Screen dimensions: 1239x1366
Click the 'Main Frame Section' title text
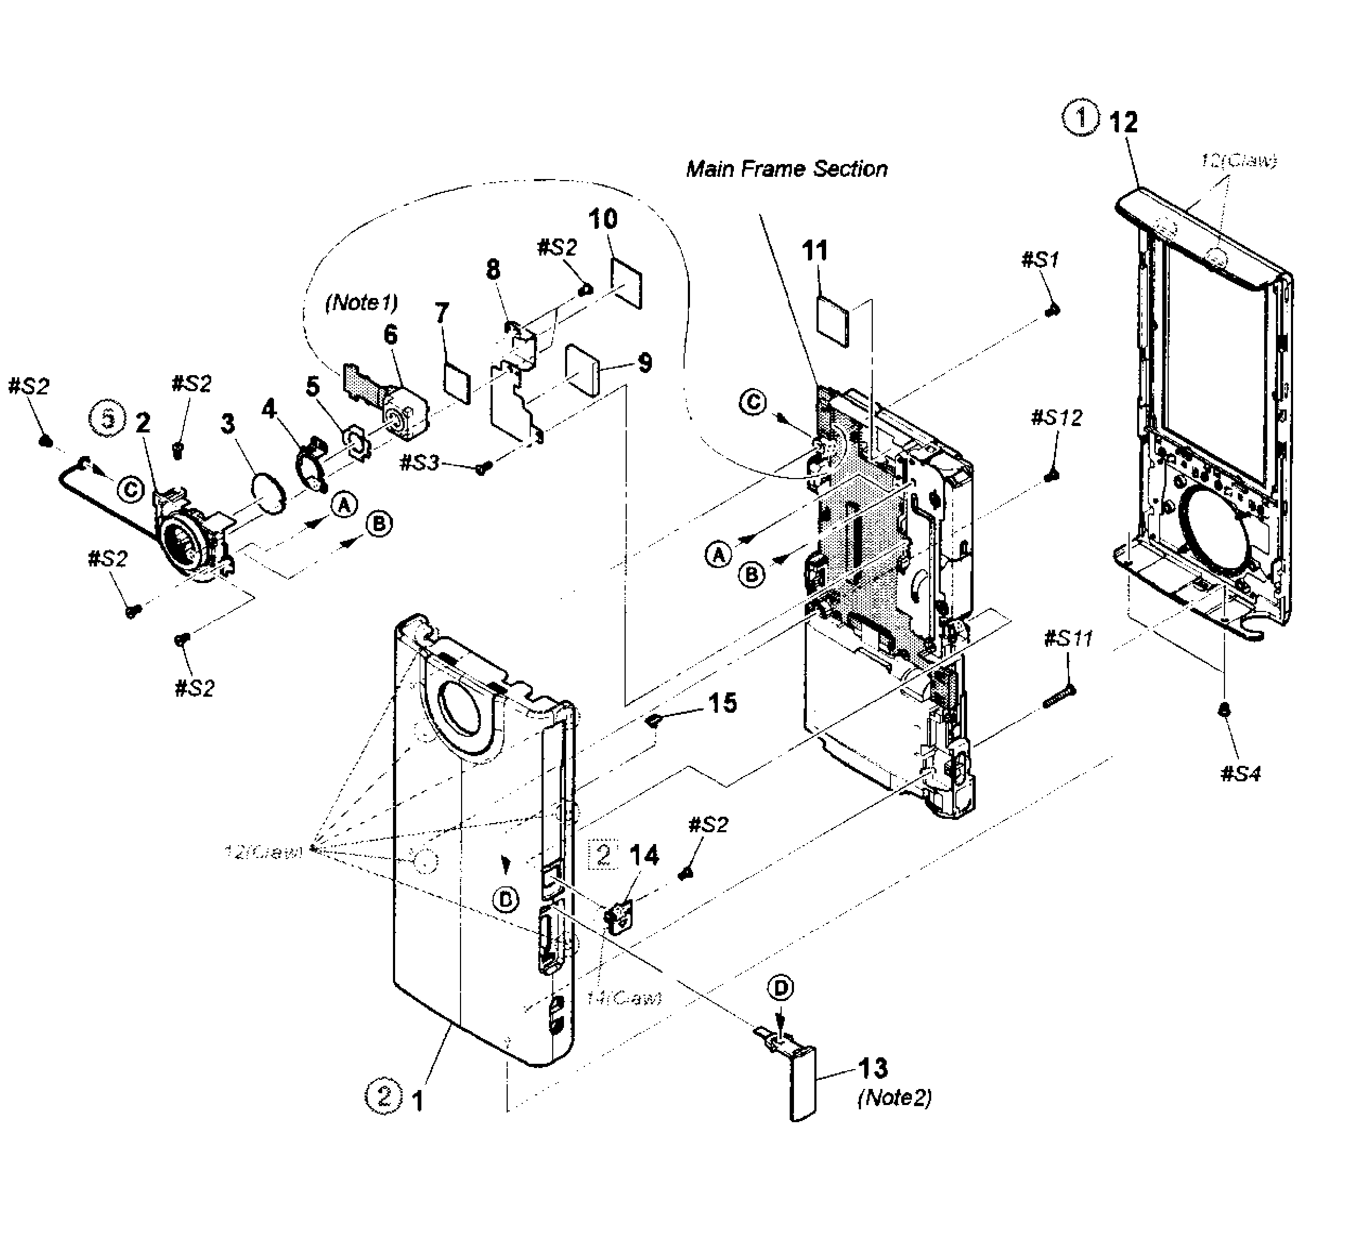(786, 169)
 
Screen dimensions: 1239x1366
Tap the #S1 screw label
(1040, 259)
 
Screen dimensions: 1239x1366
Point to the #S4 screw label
(1241, 774)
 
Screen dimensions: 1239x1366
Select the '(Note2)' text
(894, 1098)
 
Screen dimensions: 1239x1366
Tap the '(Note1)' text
(361, 302)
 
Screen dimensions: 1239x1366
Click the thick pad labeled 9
(583, 369)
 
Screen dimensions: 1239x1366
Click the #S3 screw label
(419, 464)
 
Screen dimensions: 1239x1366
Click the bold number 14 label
(644, 856)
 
